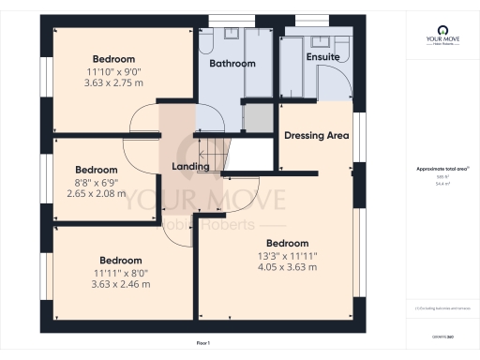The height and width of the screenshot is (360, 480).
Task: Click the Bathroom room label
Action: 232,64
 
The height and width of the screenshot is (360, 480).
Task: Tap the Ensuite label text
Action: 322,57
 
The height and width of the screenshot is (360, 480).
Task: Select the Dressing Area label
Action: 317,135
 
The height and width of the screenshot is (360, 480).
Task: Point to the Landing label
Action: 190,167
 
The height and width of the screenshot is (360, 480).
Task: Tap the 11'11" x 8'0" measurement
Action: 121,272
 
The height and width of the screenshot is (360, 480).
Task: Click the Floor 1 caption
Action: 203,344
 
